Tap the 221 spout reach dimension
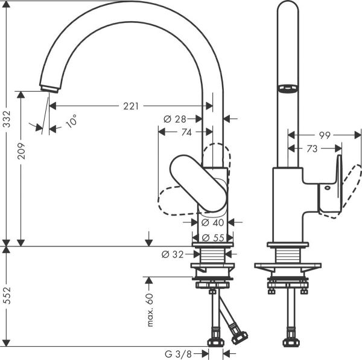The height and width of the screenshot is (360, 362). (131, 106)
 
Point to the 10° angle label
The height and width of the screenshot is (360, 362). (71, 121)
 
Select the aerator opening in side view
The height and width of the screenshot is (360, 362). (288, 89)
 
